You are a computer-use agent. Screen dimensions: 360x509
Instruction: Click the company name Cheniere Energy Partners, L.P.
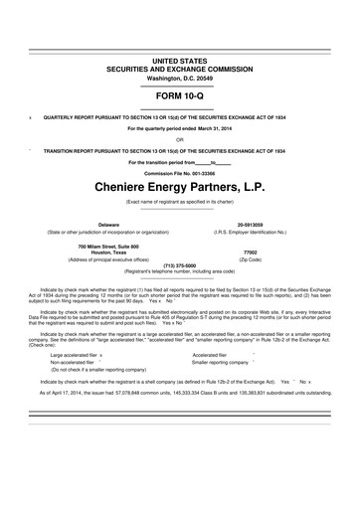point(179,185)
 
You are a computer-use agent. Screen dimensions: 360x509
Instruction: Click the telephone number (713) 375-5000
point(179,264)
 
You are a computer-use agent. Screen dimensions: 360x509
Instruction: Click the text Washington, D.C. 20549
point(179,50)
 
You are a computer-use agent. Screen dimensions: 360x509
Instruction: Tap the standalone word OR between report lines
point(179,140)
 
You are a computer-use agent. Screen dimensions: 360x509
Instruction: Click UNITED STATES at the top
point(179,34)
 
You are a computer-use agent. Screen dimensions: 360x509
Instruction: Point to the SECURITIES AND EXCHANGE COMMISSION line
point(179,42)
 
